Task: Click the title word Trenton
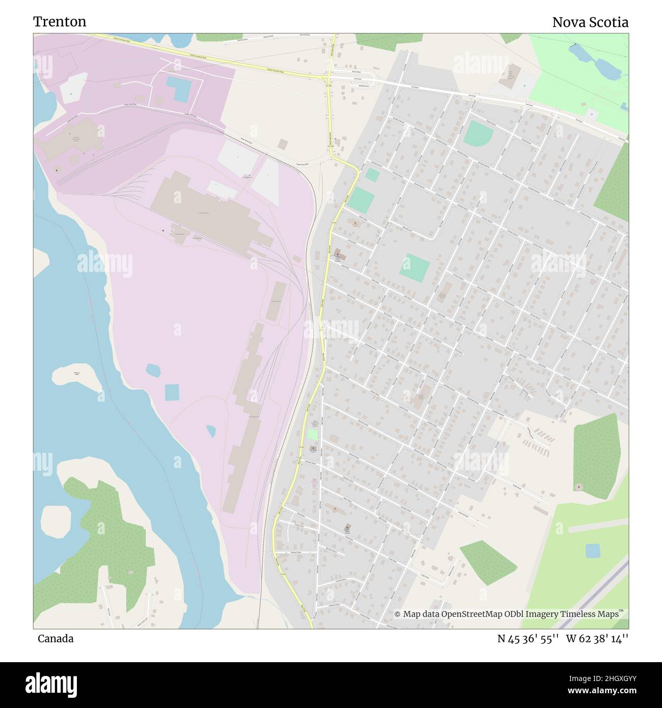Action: click(x=60, y=21)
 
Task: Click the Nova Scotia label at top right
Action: click(x=590, y=22)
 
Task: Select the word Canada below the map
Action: click(x=55, y=639)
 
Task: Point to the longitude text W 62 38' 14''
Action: click(x=597, y=639)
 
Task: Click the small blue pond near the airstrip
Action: click(x=592, y=551)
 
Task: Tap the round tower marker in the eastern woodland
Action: click(x=578, y=487)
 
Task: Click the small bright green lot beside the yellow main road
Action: click(x=312, y=434)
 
